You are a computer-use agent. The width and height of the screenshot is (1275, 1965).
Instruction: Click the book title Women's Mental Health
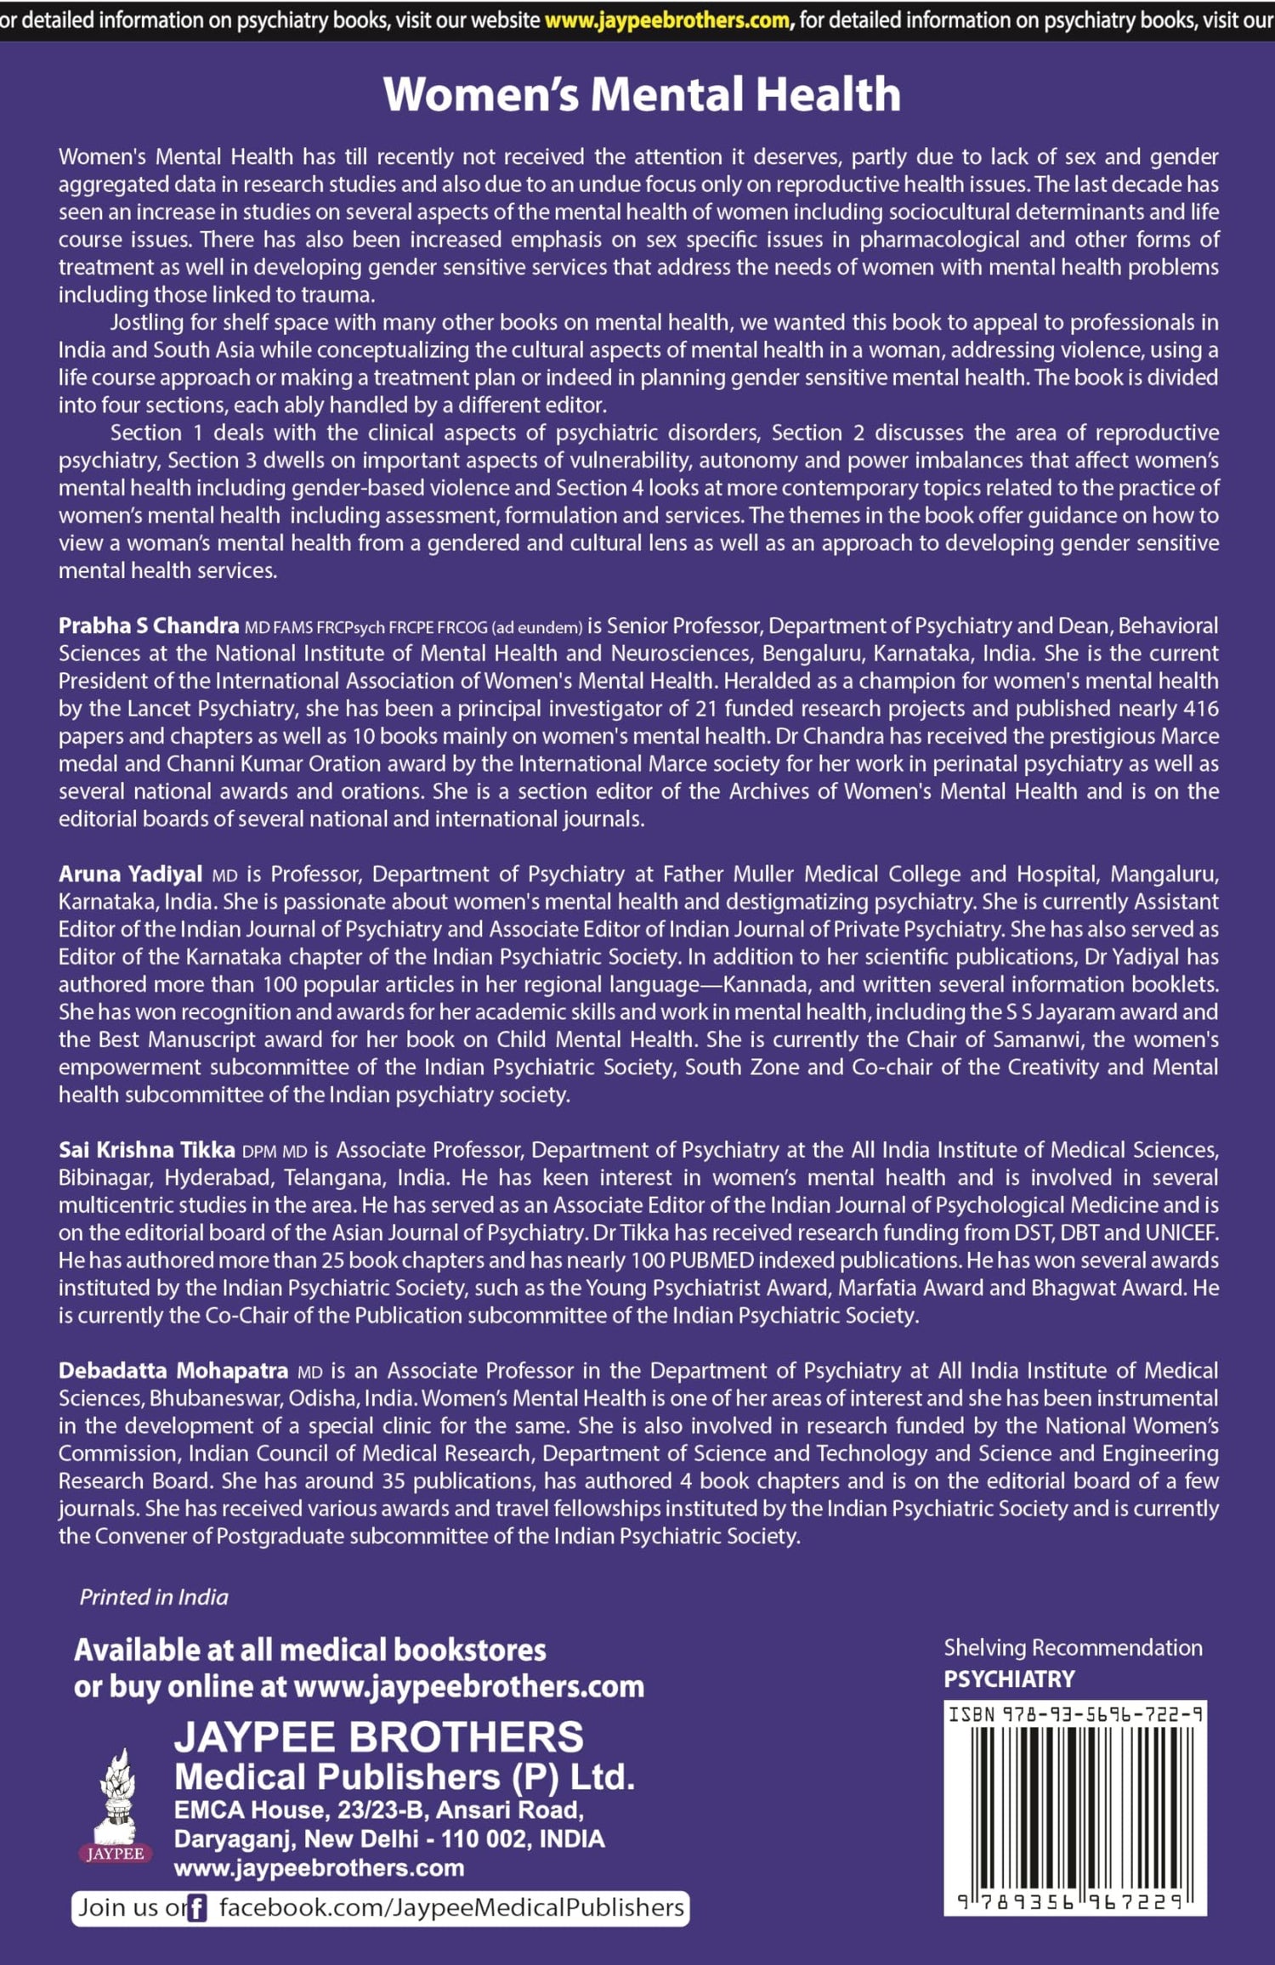pyautogui.click(x=642, y=93)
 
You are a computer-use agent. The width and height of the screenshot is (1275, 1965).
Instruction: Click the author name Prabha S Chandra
pyautogui.click(x=149, y=626)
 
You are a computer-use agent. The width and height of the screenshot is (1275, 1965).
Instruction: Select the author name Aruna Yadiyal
pyautogui.click(x=130, y=875)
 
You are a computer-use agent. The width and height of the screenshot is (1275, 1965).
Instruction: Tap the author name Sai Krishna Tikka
pyautogui.click(x=146, y=1150)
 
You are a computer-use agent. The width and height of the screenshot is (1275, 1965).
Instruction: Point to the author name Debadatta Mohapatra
pyautogui.click(x=173, y=1371)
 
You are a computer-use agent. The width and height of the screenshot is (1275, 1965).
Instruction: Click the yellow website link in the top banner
pyautogui.click(x=666, y=20)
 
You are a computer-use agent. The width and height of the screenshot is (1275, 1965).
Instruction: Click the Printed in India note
pyautogui.click(x=154, y=1597)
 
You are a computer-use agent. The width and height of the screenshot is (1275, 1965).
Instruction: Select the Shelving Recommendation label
pyautogui.click(x=1073, y=1647)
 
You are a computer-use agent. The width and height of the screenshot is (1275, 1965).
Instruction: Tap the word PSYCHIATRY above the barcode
pyautogui.click(x=1009, y=1679)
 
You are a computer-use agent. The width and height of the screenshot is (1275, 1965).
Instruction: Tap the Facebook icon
pyautogui.click(x=196, y=1909)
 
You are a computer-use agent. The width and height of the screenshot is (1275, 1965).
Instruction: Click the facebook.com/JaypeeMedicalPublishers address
pyautogui.click(x=451, y=1908)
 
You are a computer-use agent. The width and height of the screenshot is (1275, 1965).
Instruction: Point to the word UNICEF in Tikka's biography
pyautogui.click(x=1181, y=1233)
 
